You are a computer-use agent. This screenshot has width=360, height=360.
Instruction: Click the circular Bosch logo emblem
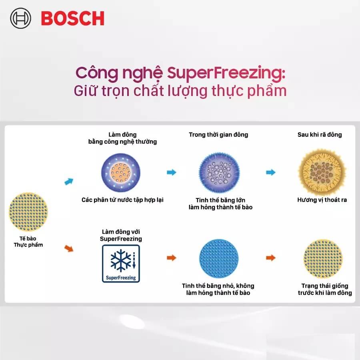pyautogui.click(x=20, y=18)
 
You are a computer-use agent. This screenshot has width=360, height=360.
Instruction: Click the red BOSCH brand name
pyautogui.click(x=72, y=18)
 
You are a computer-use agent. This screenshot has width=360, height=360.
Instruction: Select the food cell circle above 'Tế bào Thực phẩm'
pyautogui.click(x=28, y=212)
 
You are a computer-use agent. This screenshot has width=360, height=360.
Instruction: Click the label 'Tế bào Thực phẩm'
pyautogui.click(x=28, y=242)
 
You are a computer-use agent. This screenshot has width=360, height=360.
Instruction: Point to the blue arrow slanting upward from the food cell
pyautogui.click(x=69, y=181)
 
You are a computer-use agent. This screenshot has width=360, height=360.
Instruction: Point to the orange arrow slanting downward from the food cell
pyautogui.click(x=69, y=248)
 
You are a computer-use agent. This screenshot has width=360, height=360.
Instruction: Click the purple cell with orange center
pyautogui.click(x=121, y=172)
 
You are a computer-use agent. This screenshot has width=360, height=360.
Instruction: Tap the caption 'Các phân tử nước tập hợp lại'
pyautogui.click(x=122, y=200)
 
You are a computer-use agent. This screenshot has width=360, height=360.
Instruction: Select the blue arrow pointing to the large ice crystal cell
pyautogui.click(x=172, y=172)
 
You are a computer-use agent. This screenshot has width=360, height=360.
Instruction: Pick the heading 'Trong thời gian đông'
pyautogui.click(x=218, y=134)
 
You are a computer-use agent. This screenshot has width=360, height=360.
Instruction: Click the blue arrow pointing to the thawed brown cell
pyautogui.click(x=271, y=172)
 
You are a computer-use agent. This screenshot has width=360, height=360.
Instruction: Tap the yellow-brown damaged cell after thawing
pyautogui.click(x=322, y=172)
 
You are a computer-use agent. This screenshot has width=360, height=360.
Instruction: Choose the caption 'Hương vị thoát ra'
pyautogui.click(x=322, y=200)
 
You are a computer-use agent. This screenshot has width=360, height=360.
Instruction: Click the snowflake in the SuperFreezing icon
pyautogui.click(x=120, y=260)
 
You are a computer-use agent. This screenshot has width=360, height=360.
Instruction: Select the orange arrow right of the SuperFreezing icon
pyautogui.click(x=172, y=258)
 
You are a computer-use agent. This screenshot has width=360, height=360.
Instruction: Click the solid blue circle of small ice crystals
pyautogui.click(x=219, y=258)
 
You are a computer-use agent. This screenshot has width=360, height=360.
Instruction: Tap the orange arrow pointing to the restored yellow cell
pyautogui.click(x=271, y=258)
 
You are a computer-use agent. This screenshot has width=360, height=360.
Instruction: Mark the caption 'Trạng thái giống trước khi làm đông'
pyautogui.click(x=325, y=289)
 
